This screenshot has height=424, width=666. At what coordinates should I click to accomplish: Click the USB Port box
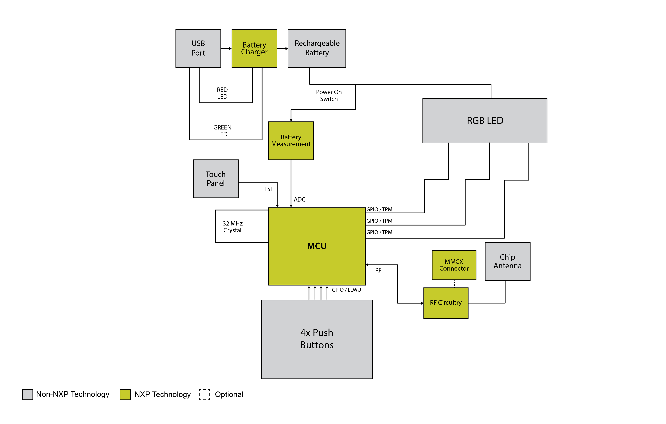pos(198,48)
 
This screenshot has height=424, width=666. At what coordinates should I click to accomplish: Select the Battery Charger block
pos(254,48)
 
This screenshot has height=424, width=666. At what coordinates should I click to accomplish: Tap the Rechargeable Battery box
pos(317,48)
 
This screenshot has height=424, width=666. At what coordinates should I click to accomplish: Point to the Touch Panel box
pos(216,179)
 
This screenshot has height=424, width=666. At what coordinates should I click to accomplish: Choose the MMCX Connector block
pos(454,265)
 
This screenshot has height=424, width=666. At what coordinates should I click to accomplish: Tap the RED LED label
pos(222,93)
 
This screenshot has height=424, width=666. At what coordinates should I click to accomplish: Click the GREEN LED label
pos(222,131)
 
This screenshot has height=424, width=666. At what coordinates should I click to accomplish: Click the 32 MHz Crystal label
pos(233,227)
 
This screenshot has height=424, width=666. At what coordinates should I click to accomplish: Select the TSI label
pos(268,189)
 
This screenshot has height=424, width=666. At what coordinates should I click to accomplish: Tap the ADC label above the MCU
pos(300,199)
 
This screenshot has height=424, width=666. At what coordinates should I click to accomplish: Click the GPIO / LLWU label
pos(346,290)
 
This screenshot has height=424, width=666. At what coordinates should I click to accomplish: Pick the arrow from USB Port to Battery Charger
pos(226,49)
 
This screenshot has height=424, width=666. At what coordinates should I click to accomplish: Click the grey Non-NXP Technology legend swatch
pos(28,394)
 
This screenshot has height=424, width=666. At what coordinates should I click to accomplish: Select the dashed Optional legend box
pos(204,394)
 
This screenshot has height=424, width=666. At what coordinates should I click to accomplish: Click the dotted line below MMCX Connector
pos(454,284)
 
